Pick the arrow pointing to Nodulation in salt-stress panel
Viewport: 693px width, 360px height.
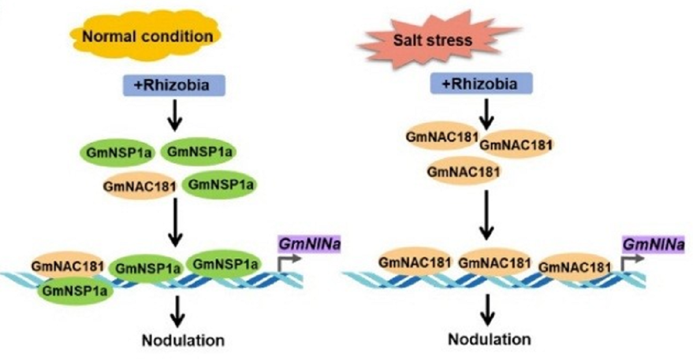(x=489, y=309)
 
